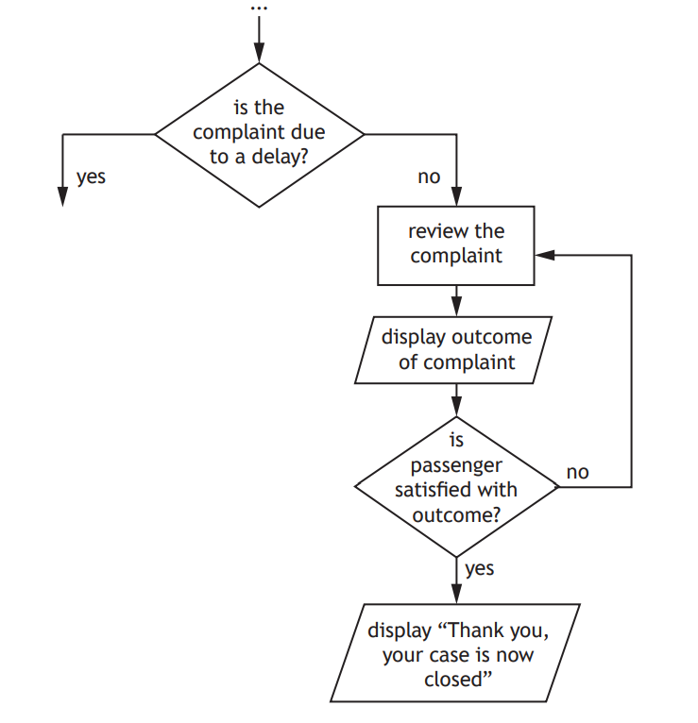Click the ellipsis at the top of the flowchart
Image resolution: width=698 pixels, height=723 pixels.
tap(259, 8)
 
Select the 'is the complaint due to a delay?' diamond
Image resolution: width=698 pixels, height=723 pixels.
tap(260, 134)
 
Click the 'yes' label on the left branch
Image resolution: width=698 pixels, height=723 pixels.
tap(91, 176)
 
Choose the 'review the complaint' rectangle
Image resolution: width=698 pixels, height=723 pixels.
tap(456, 244)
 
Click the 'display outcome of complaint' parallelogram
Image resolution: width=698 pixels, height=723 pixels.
tap(456, 349)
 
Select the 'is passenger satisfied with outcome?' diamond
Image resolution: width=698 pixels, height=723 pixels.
tap(456, 487)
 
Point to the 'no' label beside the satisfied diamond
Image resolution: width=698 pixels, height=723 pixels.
tap(577, 472)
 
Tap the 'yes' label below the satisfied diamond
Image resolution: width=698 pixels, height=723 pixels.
tap(479, 568)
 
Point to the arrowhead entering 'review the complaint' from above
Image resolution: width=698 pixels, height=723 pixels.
tap(456, 199)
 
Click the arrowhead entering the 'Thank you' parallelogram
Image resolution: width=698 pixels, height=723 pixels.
tap(456, 595)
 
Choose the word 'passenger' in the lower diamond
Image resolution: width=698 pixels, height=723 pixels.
tap(456, 466)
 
